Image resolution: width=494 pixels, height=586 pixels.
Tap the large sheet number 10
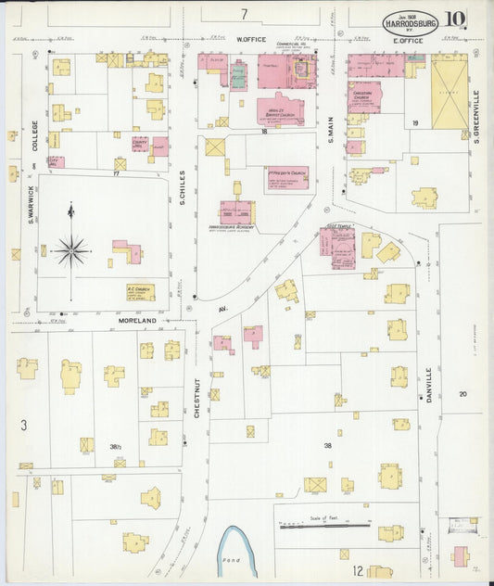[454, 19]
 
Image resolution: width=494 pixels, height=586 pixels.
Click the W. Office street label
[250, 40]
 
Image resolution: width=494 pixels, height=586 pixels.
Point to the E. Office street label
[408, 40]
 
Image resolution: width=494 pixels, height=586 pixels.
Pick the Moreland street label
[137, 321]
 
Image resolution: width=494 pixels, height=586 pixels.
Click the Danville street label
[429, 384]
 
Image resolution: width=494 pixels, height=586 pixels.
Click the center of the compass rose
[70, 249]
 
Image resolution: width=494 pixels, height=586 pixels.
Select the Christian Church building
[364, 96]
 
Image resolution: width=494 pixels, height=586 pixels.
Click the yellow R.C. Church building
[141, 292]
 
